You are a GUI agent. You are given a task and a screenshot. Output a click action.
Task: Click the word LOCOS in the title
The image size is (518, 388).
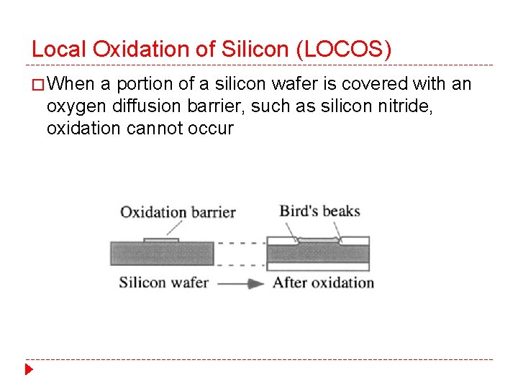tap(350, 50)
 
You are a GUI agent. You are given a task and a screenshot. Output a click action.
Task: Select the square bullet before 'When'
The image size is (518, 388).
tap(37, 86)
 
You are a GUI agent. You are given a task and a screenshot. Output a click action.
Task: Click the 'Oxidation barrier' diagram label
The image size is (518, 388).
tap(178, 212)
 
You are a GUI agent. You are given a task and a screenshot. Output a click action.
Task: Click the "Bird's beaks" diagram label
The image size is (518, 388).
tap(319, 211)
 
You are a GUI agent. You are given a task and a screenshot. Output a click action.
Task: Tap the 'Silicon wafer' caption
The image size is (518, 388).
tap(163, 282)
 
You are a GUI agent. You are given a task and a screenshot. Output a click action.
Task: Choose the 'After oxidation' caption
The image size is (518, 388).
tap(323, 282)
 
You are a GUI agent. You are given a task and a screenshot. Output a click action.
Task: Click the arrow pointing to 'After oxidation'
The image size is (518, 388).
tap(240, 283)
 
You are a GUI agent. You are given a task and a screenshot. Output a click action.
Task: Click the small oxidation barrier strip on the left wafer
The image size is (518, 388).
tap(161, 240)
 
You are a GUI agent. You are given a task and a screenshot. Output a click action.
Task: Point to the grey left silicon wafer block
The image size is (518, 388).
tap(162, 254)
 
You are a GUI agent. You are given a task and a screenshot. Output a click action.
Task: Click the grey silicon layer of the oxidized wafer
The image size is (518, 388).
tap(318, 253)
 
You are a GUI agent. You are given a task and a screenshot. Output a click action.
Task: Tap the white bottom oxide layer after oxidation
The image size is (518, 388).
tap(318, 267)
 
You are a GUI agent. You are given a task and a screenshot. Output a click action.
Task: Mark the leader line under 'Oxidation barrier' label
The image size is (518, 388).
tap(173, 228)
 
